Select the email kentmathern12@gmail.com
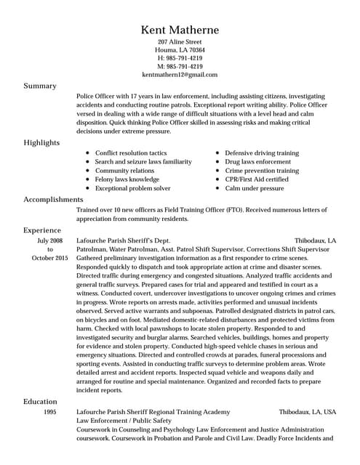(180, 74)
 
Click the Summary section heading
(40, 86)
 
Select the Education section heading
(41, 401)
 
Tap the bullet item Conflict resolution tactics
(131, 153)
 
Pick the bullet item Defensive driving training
(262, 153)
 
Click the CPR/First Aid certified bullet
(257, 179)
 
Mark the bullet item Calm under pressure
(255, 188)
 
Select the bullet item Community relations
(124, 171)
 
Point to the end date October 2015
(49, 257)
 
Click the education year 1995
(49, 412)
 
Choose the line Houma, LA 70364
(180, 51)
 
